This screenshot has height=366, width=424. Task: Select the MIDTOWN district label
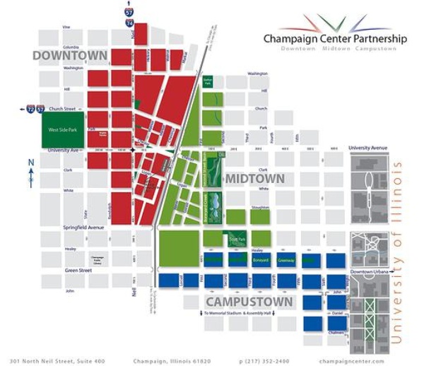tap(254, 179)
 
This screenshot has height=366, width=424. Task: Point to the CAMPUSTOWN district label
tap(249, 302)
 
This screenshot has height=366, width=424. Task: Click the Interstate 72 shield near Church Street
tap(31, 110)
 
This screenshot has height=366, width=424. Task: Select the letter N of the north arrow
tap(31, 163)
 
